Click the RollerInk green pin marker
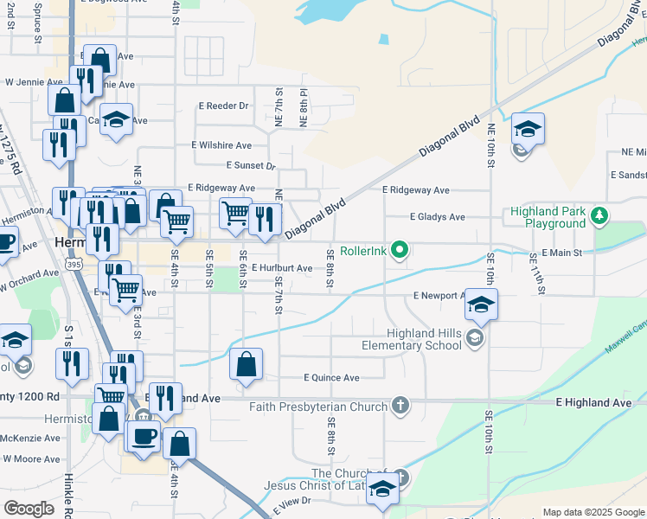click(399, 251)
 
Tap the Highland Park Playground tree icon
click(598, 216)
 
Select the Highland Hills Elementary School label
click(424, 339)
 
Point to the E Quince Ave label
click(331, 378)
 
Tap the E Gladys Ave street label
click(437, 217)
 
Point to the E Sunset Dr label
click(250, 165)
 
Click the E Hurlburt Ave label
click(282, 269)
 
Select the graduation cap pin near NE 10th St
click(528, 130)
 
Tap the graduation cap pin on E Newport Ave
click(482, 304)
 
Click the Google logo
click(29, 509)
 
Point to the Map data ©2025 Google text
click(593, 513)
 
